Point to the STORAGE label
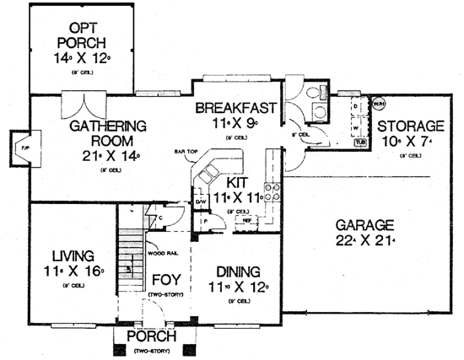point(411,126)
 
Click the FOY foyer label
point(165,277)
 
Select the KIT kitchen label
point(236,182)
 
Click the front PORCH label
point(151,337)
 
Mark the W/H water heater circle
point(378,105)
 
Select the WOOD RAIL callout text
point(161,251)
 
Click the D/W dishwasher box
point(201,202)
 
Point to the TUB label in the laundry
point(360,142)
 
